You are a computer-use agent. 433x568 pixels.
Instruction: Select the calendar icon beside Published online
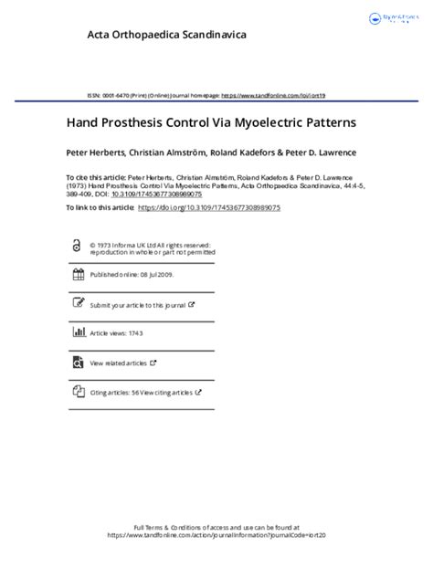[77, 275]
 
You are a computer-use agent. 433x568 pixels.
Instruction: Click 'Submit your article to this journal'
[138, 304]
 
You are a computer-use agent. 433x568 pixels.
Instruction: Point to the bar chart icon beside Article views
[77, 333]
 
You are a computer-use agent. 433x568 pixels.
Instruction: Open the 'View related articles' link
[120, 363]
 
